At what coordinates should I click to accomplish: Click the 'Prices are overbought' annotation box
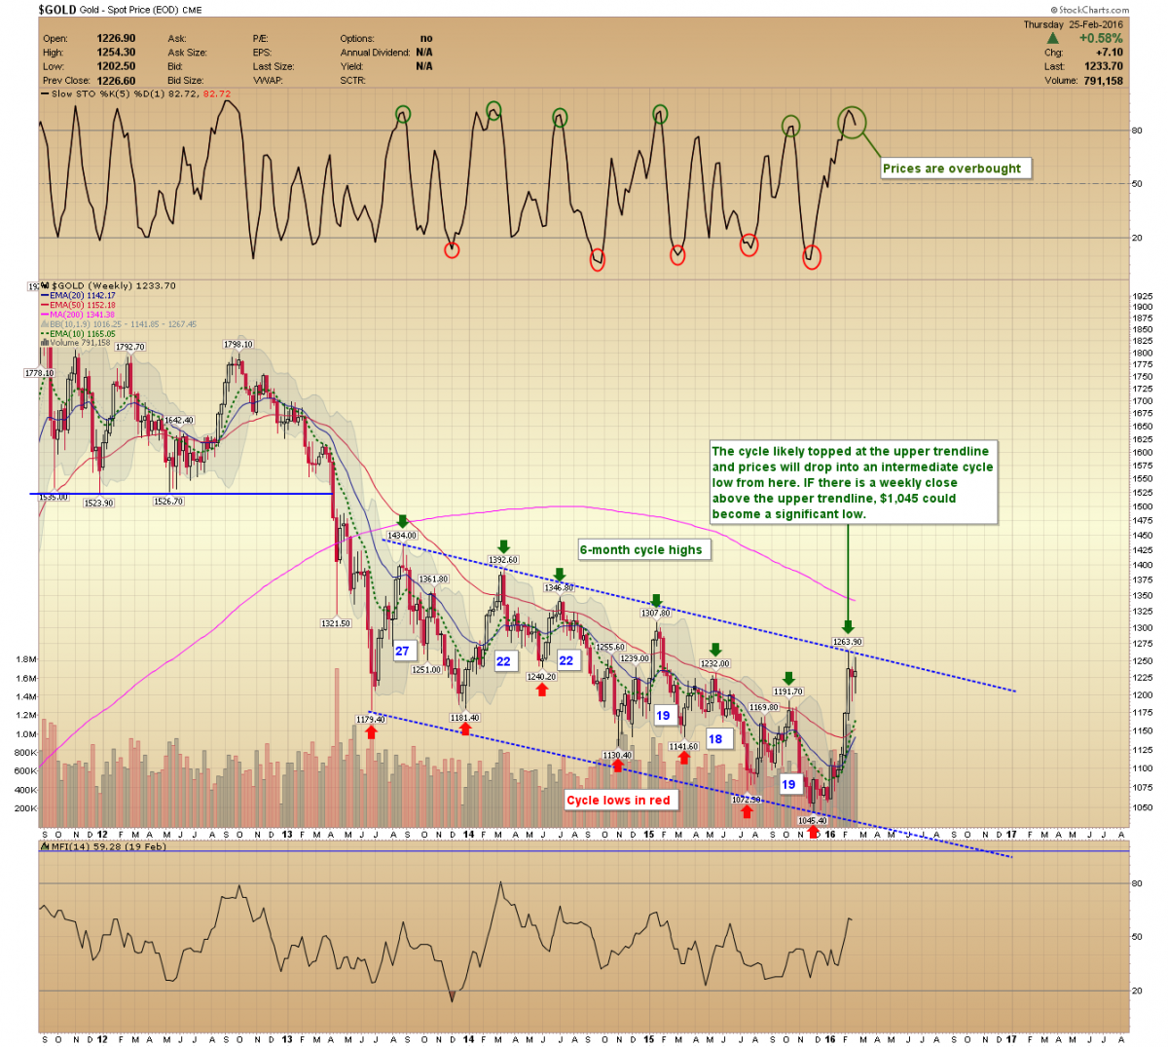click(x=952, y=168)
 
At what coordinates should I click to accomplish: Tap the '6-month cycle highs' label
click(x=640, y=549)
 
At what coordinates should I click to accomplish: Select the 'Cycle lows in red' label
click(x=618, y=801)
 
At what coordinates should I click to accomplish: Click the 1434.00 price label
click(x=402, y=536)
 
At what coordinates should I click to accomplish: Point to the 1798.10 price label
click(x=237, y=345)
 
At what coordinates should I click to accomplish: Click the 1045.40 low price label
click(x=813, y=821)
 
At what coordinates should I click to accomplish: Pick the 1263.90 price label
click(x=848, y=642)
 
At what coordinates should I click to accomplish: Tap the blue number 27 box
click(x=402, y=651)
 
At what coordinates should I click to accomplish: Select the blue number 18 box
click(x=715, y=739)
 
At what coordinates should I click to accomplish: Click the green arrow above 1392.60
click(x=503, y=546)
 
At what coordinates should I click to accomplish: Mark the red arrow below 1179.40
click(x=371, y=731)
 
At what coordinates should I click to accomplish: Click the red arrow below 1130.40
click(x=617, y=767)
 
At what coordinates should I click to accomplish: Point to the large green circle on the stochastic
click(x=852, y=122)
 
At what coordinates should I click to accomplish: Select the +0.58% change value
click(x=1100, y=39)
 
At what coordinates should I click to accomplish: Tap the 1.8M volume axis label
click(x=26, y=659)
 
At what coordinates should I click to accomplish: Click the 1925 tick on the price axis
click(x=1143, y=295)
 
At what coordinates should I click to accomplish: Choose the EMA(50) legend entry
click(x=82, y=305)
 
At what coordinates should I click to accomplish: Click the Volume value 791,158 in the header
click(x=1103, y=81)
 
